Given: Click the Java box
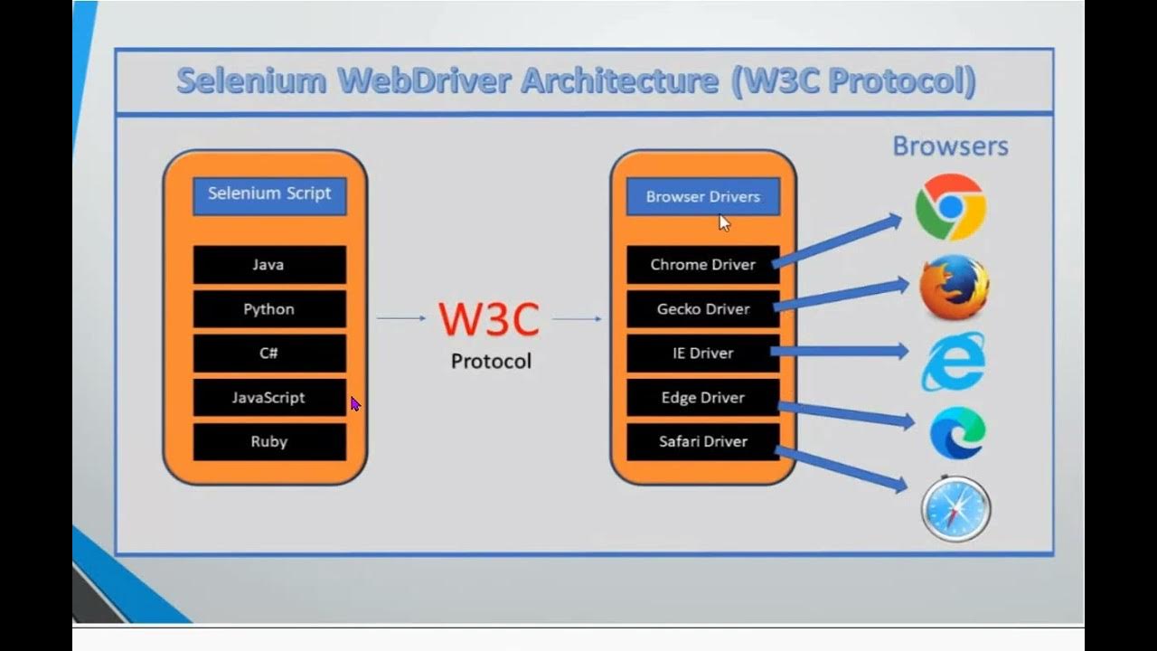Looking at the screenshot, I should pyautogui.click(x=269, y=265).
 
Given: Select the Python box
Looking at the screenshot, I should pyautogui.click(x=269, y=309).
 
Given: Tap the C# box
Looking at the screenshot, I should pyautogui.click(x=269, y=354).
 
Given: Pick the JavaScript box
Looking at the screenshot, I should pyautogui.click(x=269, y=398).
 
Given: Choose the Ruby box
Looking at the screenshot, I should pyautogui.click(x=269, y=442).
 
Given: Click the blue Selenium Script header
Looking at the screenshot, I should pyautogui.click(x=269, y=195).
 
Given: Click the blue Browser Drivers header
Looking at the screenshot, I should pyautogui.click(x=702, y=197).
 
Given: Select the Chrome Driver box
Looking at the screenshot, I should pyautogui.click(x=702, y=265).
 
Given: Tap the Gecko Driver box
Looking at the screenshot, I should pyautogui.click(x=702, y=309).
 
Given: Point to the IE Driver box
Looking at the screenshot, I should pyautogui.click(x=702, y=354).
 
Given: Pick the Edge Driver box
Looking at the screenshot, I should pyautogui.click(x=702, y=398).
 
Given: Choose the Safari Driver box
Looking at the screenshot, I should pyautogui.click(x=702, y=442).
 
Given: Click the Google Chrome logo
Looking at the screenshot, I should pyautogui.click(x=950, y=207).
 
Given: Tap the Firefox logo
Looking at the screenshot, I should pyautogui.click(x=954, y=288).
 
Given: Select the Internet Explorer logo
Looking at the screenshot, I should pyautogui.click(x=954, y=361).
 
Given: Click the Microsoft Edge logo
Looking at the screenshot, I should pyautogui.click(x=957, y=433).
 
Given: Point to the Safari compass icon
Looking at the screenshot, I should pyautogui.click(x=956, y=508).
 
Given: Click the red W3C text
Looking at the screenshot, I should pyautogui.click(x=489, y=319).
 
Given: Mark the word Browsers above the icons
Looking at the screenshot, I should pyautogui.click(x=950, y=146).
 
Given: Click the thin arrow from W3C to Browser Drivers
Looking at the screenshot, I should pyautogui.click(x=577, y=318).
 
